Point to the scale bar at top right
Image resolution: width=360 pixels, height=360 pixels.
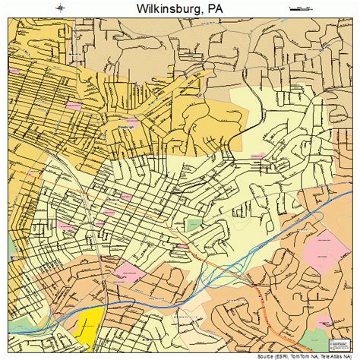pyautogui.click(x=301, y=8)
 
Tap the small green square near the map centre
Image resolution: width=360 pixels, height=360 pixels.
pyautogui.click(x=194, y=225)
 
